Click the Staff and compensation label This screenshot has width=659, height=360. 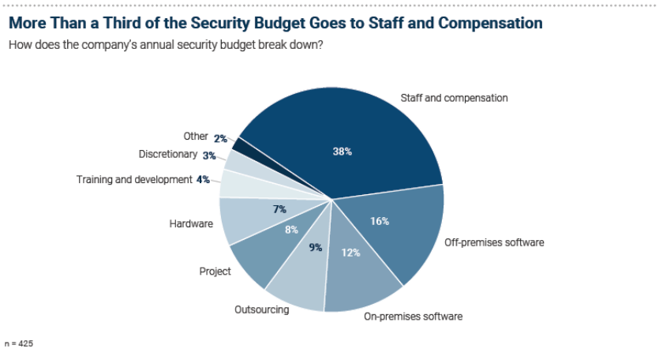[454, 99]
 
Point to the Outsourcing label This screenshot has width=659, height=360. [261, 309]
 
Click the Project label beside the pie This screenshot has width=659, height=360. [215, 271]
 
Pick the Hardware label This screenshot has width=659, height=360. [191, 223]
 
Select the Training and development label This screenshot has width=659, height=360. [134, 179]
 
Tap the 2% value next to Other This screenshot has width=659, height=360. [220, 138]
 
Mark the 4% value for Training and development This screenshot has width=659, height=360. [204, 179]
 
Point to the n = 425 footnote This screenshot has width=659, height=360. [21, 344]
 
